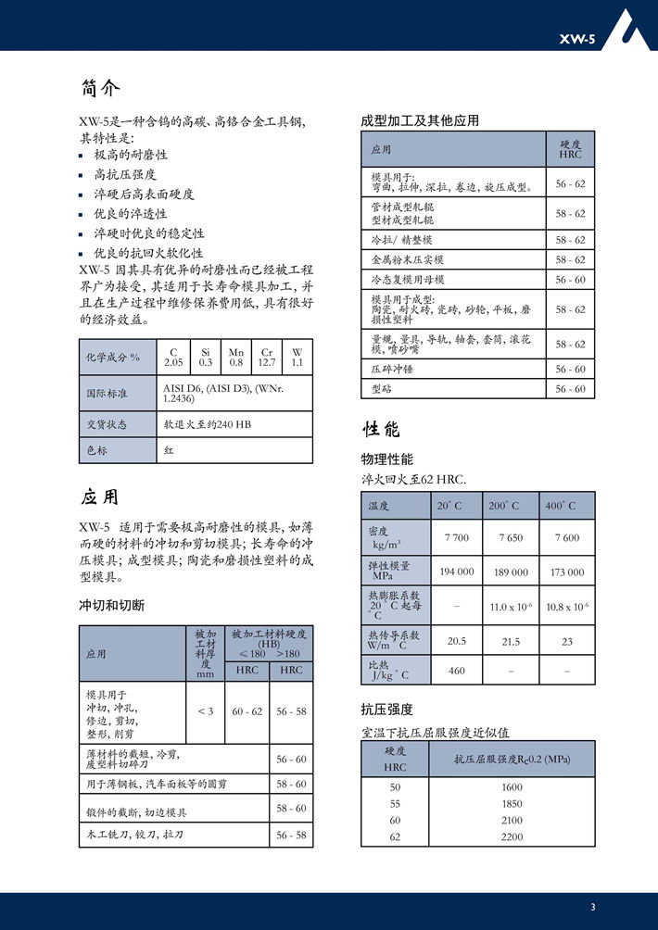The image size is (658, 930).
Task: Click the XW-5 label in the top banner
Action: [576, 39]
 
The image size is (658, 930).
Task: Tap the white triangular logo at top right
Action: [636, 28]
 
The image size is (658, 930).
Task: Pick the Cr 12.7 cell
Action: [267, 358]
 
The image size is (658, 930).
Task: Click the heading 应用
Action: [100, 497]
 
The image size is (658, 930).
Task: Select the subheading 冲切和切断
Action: [111, 606]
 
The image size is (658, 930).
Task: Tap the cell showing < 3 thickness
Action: [206, 711]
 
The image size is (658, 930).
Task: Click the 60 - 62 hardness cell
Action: [247, 711]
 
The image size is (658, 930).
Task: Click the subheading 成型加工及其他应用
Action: [419, 121]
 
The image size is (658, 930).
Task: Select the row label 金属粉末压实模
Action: [408, 260]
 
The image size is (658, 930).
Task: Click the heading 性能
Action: [381, 429]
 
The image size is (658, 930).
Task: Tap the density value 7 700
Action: [457, 538]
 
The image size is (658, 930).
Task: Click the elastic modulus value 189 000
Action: [511, 572]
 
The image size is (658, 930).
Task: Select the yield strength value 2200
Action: [512, 836]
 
